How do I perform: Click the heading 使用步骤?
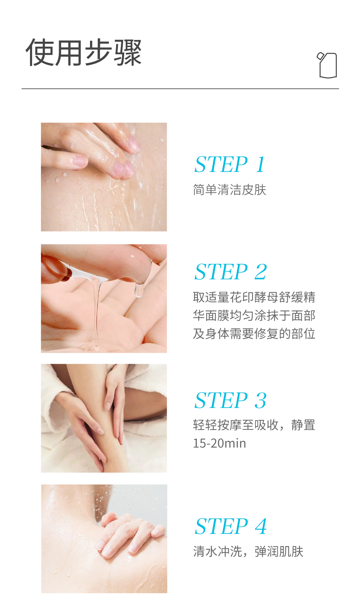pos(83,52)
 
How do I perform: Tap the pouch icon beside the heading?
pos(327,65)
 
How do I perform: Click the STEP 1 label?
pos(229,164)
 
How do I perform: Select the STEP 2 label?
pos(230,272)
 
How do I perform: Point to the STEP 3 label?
pos(230,400)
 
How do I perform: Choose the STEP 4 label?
pos(230,526)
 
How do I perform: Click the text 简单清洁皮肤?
pos(229,190)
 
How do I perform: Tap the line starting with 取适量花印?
pos(254,297)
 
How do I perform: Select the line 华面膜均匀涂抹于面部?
pos(254,315)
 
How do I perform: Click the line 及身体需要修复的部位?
pos(254,334)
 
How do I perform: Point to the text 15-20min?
pos(219,443)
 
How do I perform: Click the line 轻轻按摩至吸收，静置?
pos(254,425)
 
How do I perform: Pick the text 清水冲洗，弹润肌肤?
pos(248,552)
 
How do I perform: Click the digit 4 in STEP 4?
pos(261,526)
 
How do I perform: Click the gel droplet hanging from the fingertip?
pos(139,290)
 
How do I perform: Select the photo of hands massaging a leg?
pos(104,418)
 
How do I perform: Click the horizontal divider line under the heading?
pos(180,89)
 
